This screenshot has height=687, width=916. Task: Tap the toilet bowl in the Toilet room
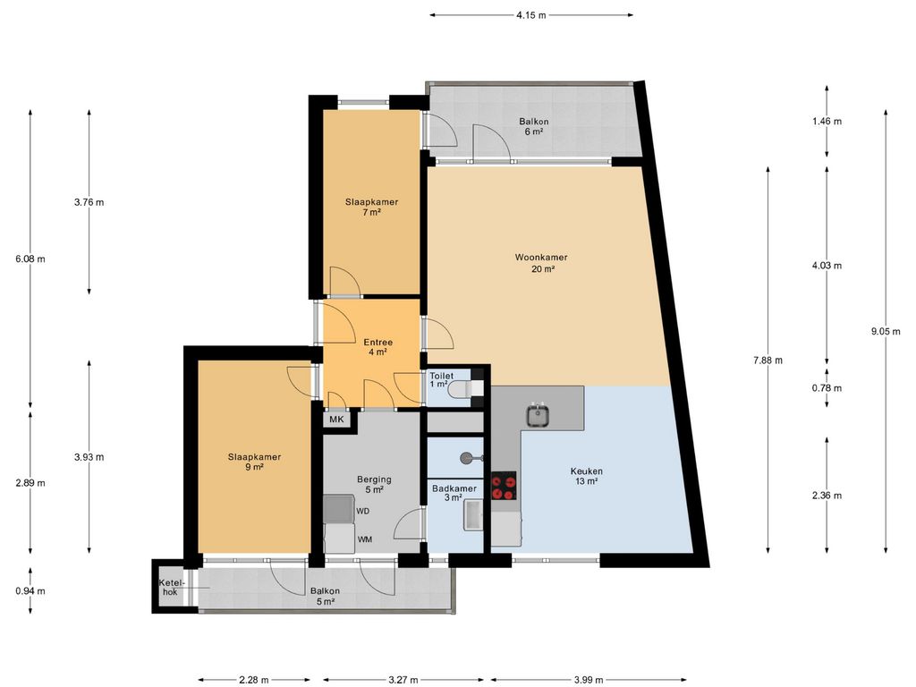tap(467, 388)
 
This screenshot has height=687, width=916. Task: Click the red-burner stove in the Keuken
tap(504, 486)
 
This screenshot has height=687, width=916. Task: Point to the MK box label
tap(336, 420)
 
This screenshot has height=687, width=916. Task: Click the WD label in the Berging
tap(363, 511)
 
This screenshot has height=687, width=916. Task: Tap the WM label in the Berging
tap(365, 539)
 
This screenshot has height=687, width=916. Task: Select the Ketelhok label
tap(172, 588)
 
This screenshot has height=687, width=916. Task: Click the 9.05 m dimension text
tap(885, 331)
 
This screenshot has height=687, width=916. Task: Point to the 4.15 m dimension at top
tap(531, 15)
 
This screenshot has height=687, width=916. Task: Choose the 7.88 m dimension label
tap(768, 360)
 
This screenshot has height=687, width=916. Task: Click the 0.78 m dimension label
tap(827, 388)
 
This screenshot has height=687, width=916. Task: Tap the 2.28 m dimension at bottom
tap(253, 680)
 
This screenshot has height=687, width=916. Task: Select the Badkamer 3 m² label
tap(454, 493)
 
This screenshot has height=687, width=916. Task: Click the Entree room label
tap(378, 347)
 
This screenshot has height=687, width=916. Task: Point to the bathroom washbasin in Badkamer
tap(474, 515)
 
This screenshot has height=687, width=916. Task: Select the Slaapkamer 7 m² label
tap(371, 208)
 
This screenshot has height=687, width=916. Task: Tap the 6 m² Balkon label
tap(534, 127)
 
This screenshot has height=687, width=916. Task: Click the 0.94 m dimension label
tap(30, 590)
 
